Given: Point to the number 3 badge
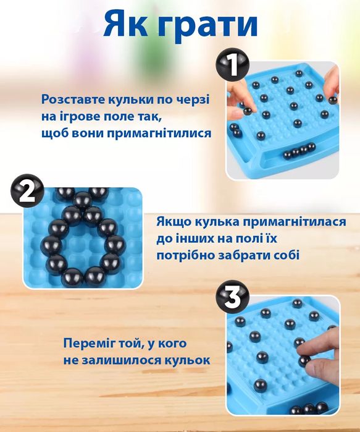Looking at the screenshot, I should pos(233,300).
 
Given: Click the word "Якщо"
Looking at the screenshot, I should pos(177,221).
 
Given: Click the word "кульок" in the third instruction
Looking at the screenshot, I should pos(184,360).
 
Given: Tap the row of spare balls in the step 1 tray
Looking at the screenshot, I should pos(299,150).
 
